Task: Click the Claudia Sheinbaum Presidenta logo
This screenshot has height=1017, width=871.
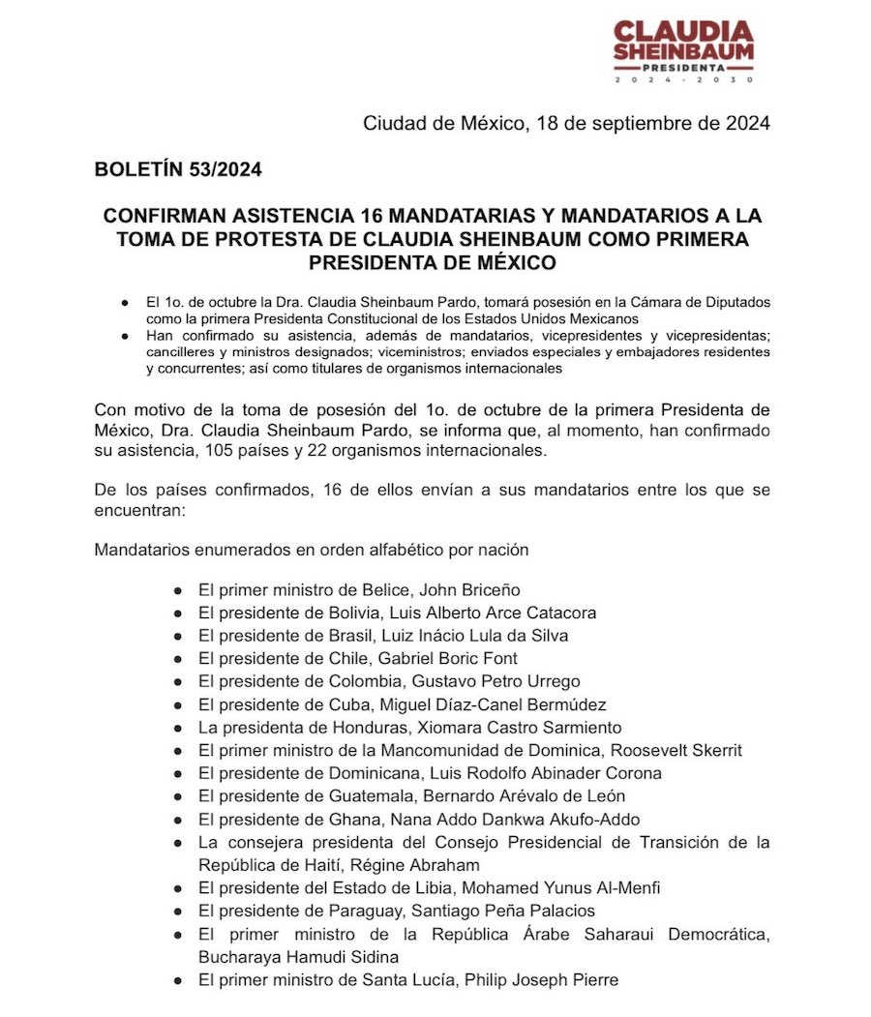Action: tap(683, 50)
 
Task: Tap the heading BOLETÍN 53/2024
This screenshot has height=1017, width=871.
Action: tap(178, 169)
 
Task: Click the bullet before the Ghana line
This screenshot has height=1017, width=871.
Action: tap(178, 820)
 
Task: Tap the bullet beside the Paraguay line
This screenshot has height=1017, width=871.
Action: tap(178, 911)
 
